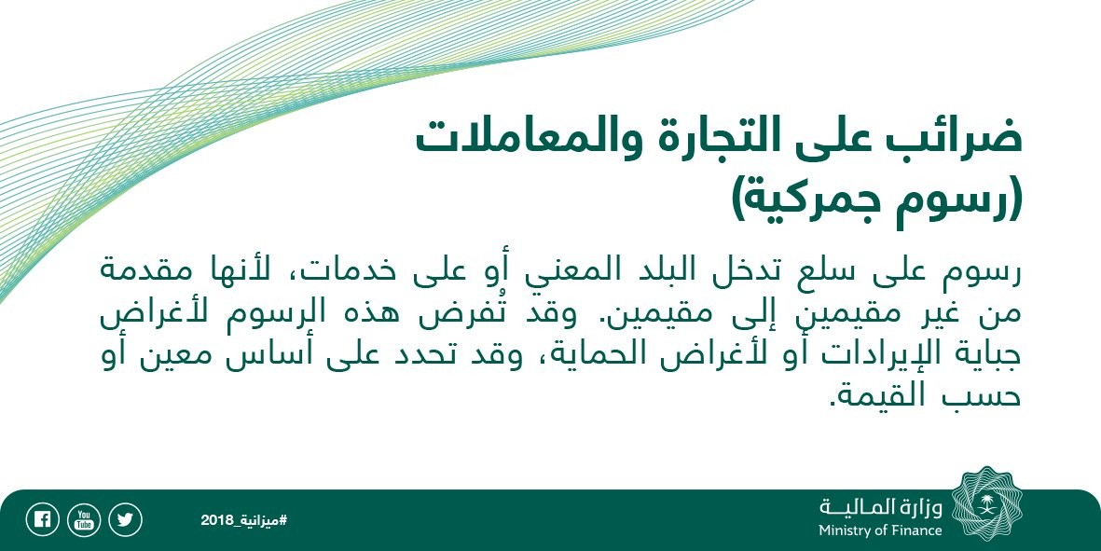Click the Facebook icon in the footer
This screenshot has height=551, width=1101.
click(42, 520)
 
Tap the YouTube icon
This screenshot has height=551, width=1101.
click(84, 520)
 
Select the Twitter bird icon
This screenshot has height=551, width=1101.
click(125, 520)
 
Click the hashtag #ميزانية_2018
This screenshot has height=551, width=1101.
click(243, 520)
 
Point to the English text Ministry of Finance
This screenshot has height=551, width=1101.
click(880, 530)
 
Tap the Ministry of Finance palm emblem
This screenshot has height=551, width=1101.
click(986, 504)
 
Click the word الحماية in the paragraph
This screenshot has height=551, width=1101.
click(583, 354)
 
